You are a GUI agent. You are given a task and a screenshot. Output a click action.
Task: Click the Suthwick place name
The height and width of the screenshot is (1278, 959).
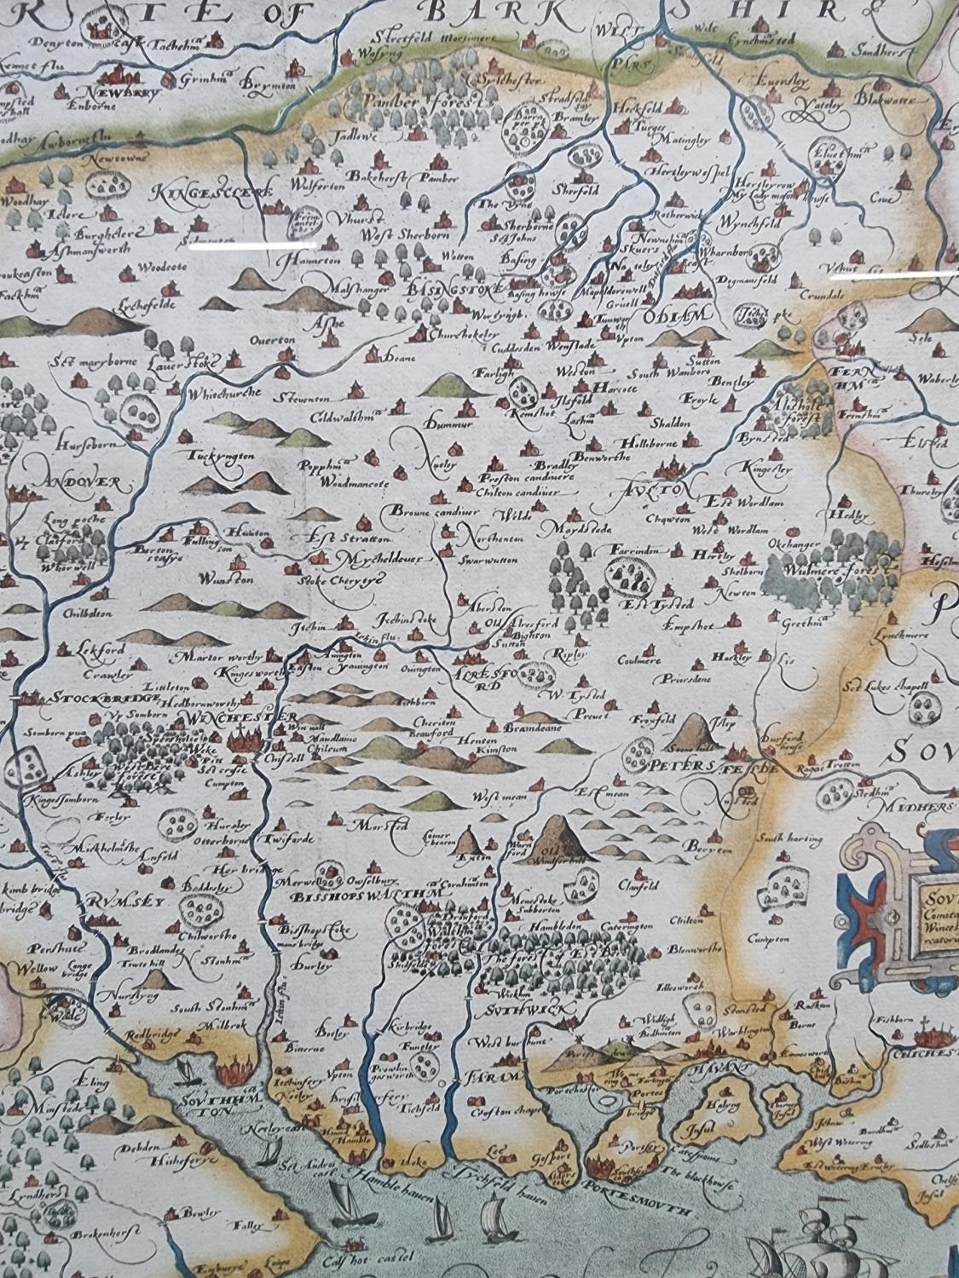508,1008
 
